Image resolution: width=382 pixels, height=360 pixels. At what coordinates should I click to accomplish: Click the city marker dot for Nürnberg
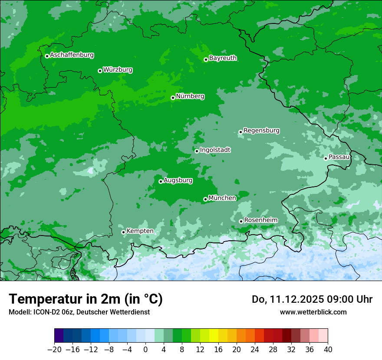173,98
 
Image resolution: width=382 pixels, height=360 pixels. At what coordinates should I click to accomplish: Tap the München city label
222,198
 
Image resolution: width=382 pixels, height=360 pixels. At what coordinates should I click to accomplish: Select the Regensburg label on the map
261,131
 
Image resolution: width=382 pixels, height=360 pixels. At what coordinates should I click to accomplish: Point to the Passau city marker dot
326,158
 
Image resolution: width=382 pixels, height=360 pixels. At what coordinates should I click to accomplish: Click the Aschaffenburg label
72,55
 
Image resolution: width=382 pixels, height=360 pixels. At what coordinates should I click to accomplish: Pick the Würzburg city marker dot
100,71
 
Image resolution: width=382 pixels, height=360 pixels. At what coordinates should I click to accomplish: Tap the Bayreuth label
223,58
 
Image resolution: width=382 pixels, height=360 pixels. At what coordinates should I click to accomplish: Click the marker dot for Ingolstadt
197,151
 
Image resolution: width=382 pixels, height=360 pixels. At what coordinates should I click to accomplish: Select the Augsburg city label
178,180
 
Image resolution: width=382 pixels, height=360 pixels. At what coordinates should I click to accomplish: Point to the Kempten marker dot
123,232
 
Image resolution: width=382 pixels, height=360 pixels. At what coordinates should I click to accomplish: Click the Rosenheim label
260,220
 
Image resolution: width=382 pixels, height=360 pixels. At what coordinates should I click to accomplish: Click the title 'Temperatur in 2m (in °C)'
86,299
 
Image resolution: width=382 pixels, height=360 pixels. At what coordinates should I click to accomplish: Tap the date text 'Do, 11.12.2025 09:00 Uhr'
312,299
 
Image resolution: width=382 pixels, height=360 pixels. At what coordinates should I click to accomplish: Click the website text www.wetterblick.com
313,312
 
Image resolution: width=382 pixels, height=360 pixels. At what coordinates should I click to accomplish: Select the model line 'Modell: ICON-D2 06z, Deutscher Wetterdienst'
79,312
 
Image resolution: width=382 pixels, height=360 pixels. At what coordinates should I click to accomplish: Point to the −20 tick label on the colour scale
54,350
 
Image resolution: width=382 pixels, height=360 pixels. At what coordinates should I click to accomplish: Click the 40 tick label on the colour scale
328,350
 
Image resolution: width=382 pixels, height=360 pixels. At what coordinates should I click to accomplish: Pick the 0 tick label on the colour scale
145,350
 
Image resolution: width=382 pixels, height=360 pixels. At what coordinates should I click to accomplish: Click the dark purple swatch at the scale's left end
59,336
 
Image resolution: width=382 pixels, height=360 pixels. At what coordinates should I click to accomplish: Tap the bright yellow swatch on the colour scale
214,336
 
